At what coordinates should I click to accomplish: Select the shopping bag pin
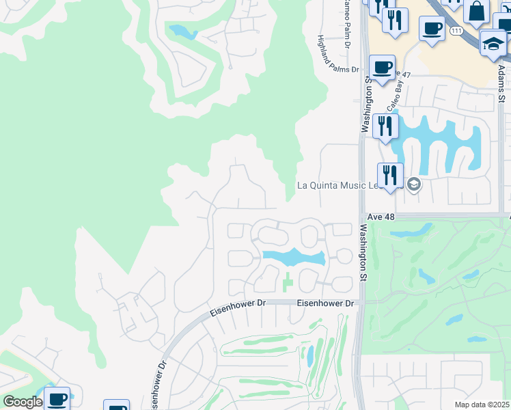[x=476, y=11]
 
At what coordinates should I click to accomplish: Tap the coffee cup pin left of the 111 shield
[x=431, y=28]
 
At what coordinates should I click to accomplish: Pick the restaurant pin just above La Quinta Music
[x=390, y=174]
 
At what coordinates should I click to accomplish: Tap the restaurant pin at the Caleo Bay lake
[x=385, y=126]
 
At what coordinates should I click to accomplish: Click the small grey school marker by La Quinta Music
[x=413, y=184]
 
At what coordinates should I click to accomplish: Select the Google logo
[x=22, y=402]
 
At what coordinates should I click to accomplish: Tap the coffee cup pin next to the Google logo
[x=57, y=399]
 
